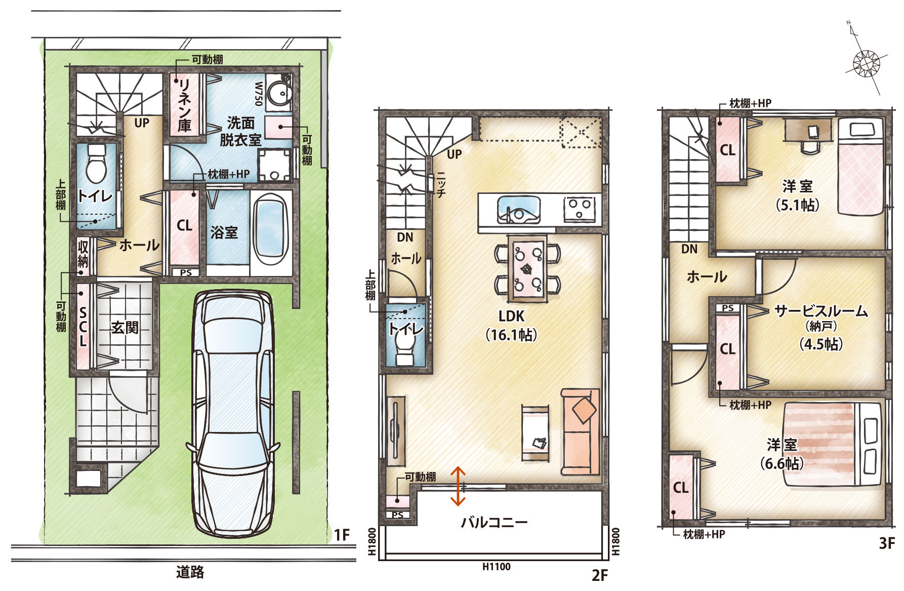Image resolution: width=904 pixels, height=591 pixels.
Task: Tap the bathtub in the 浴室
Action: click(270, 230)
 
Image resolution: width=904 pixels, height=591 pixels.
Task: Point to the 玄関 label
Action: click(125, 328)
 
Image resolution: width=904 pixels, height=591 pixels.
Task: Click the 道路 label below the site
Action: click(190, 572)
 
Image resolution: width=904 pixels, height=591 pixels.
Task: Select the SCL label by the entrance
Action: click(83, 327)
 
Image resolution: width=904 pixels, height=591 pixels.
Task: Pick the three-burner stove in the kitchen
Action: click(580, 209)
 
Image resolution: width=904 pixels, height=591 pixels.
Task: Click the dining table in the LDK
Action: click(527, 268)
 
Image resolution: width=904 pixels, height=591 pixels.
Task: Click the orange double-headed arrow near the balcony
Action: click(458, 486)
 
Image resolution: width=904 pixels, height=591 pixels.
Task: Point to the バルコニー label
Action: click(494, 522)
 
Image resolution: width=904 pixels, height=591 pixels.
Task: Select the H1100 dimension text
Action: click(496, 567)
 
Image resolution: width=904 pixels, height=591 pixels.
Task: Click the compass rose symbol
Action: click(867, 63)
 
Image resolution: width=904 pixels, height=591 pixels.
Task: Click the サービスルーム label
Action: click(821, 311)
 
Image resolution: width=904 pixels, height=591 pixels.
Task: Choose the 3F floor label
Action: click(886, 543)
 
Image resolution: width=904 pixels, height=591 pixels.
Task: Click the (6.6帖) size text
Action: click(782, 463)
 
